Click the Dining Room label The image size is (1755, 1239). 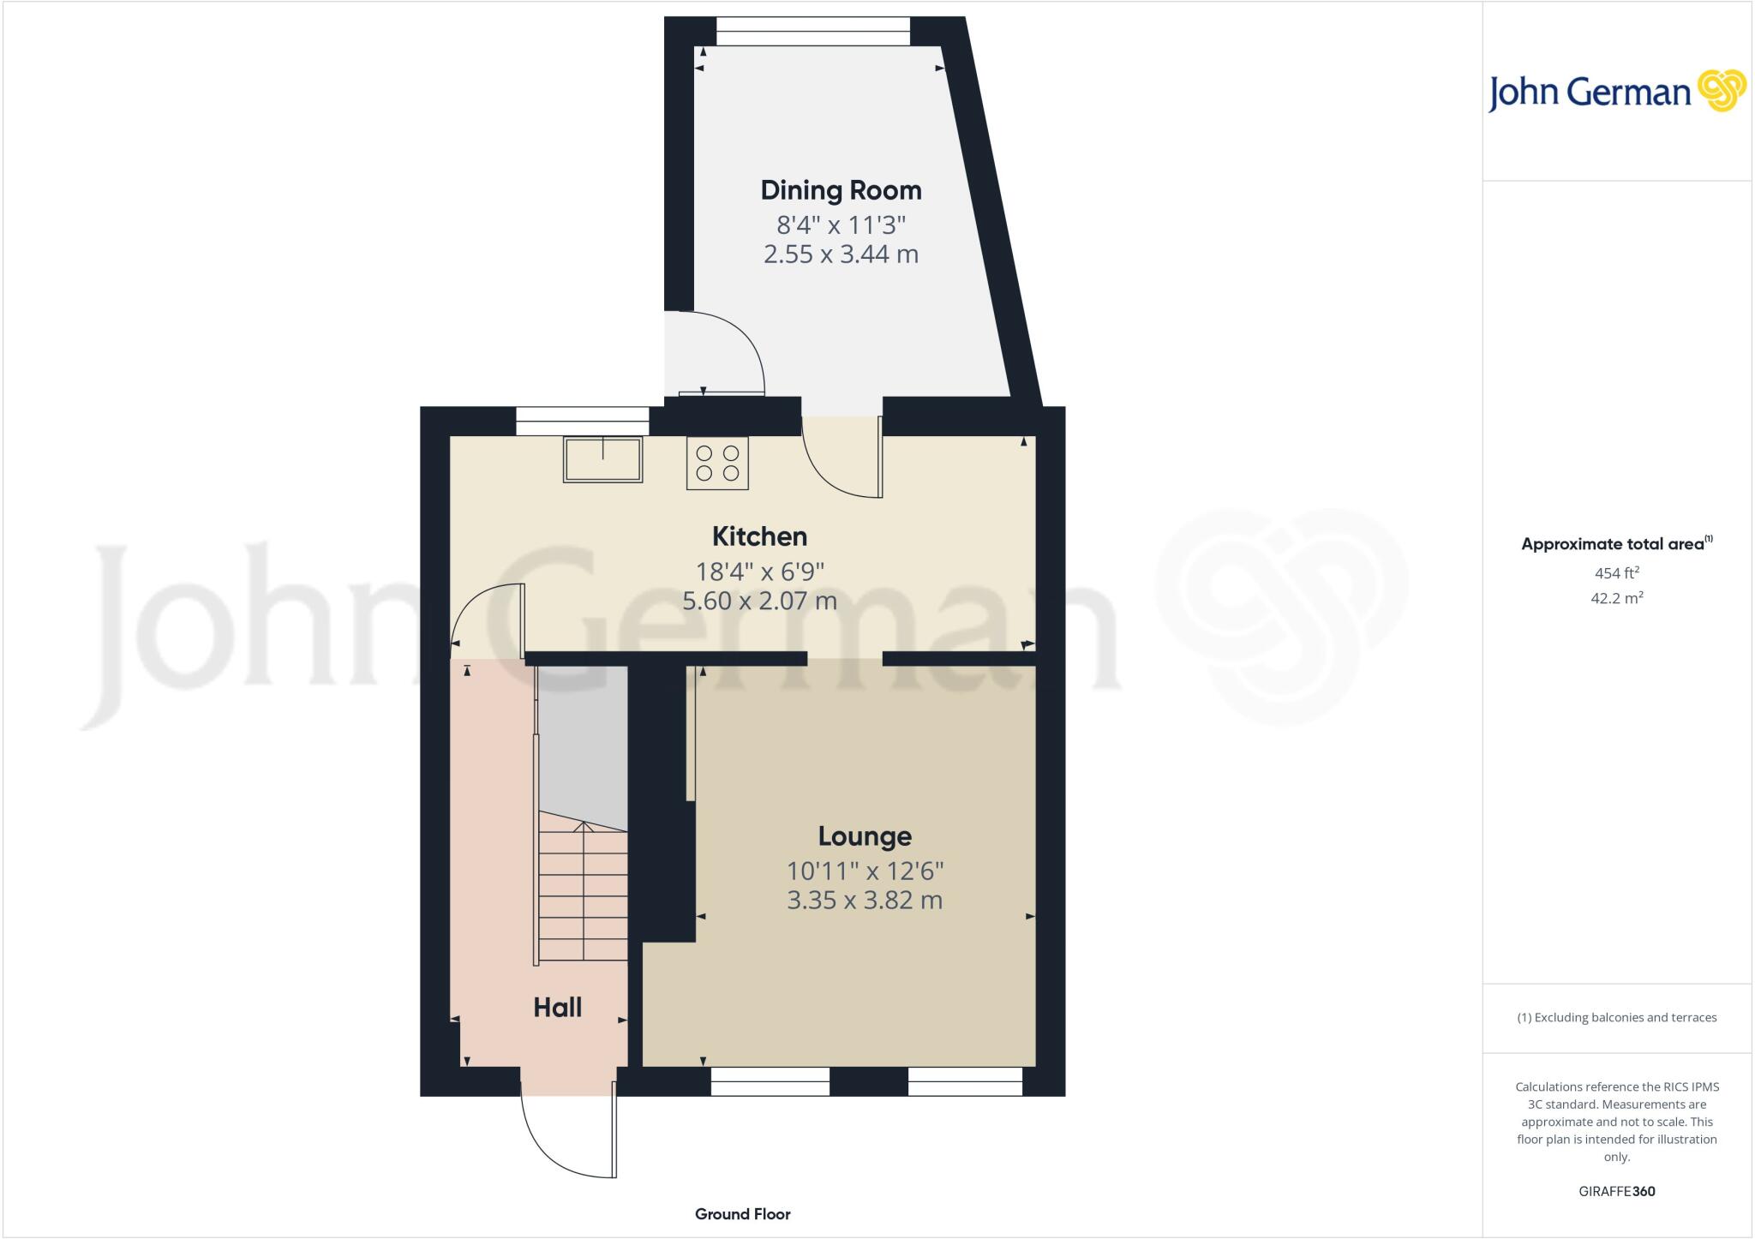click(x=841, y=190)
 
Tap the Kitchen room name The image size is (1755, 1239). click(x=759, y=536)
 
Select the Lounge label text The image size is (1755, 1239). click(x=864, y=836)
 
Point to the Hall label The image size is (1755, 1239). click(x=557, y=1008)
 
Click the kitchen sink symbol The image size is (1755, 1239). click(x=602, y=459)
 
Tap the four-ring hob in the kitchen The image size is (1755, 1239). click(x=717, y=463)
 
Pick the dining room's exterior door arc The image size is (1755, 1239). click(x=720, y=351)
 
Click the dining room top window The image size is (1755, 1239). click(x=813, y=33)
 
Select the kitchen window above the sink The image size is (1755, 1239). click(x=583, y=422)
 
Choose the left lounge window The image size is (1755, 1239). click(x=770, y=1081)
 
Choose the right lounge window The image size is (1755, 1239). click(x=965, y=1081)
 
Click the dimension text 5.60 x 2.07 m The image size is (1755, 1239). click(x=759, y=601)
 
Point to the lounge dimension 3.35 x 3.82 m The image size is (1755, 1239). click(x=864, y=901)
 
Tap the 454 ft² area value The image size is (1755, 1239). click(x=1616, y=573)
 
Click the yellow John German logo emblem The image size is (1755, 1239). click(x=1721, y=91)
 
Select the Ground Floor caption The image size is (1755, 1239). click(x=742, y=1214)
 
